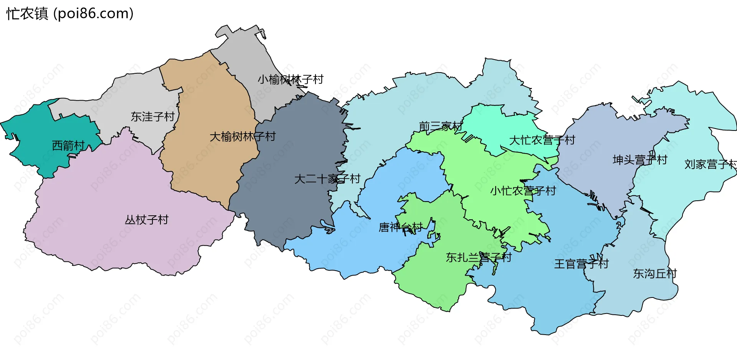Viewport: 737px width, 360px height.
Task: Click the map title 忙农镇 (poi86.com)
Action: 70,14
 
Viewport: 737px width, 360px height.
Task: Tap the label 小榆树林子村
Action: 290,79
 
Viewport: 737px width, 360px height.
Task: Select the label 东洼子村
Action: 152,116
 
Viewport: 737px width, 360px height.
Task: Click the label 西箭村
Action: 68,145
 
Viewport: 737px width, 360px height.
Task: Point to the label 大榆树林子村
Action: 242,136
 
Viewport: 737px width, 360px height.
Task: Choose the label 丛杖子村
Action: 147,220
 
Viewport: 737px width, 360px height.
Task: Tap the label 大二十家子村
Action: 327,178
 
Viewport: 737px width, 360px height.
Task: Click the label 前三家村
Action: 440,126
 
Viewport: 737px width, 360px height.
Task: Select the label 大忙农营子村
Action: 542,140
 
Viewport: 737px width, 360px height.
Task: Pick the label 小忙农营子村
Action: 523,190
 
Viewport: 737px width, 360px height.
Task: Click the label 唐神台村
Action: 400,227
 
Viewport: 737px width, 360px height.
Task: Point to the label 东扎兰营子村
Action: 478,257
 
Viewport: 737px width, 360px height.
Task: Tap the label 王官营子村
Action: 581,264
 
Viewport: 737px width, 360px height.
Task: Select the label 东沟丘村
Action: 655,273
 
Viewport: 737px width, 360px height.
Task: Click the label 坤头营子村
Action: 640,160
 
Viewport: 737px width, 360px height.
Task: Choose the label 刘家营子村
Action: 710,164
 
